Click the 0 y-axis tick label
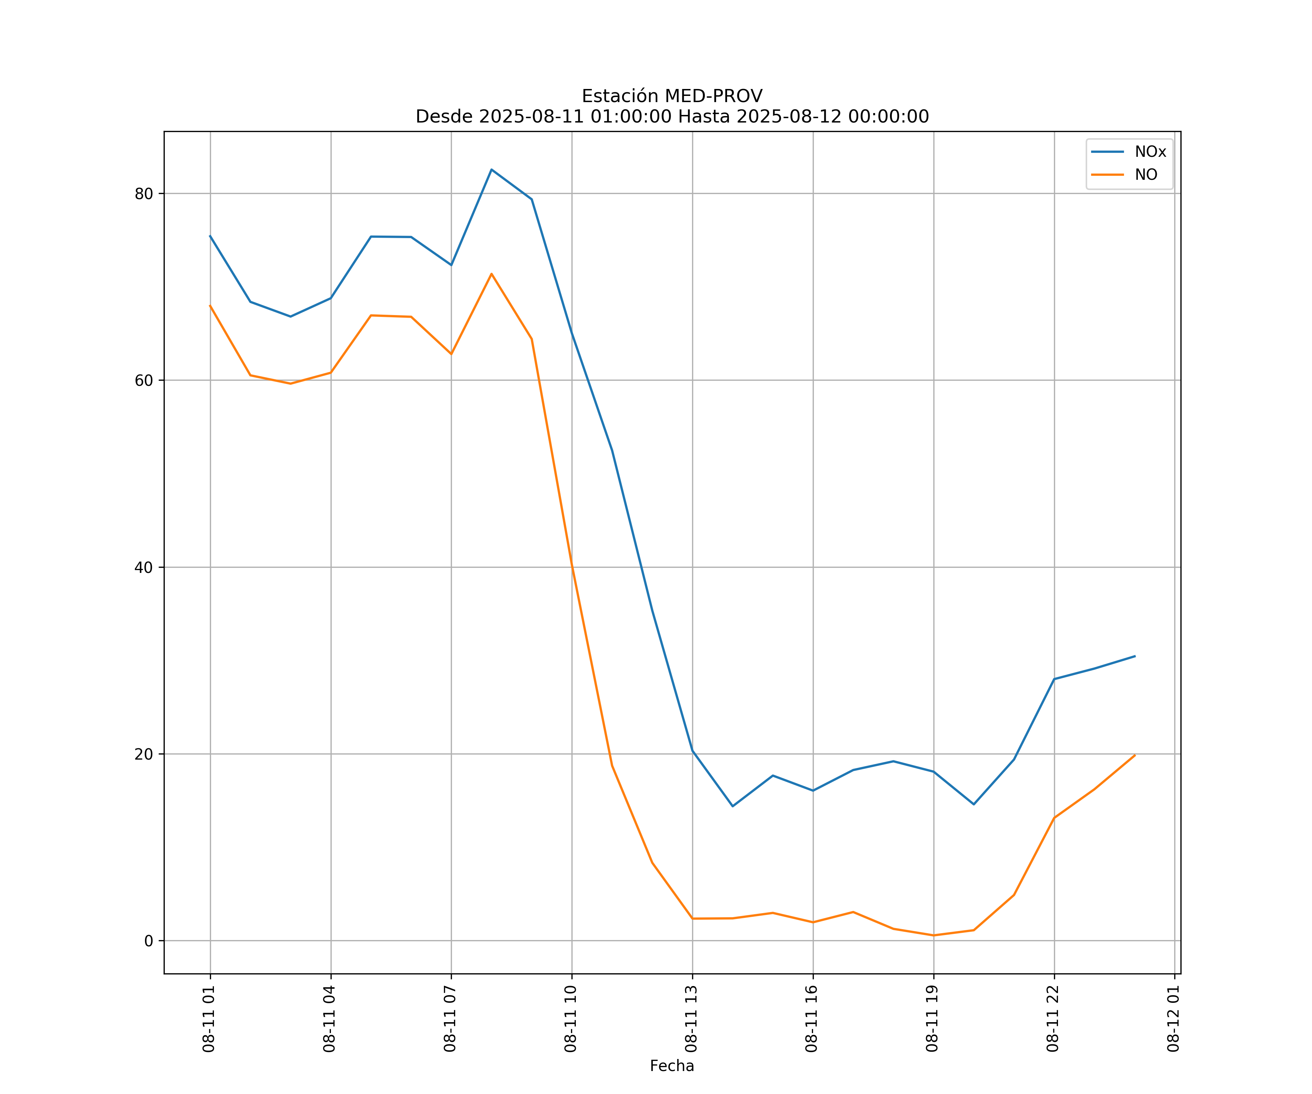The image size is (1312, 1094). click(x=149, y=941)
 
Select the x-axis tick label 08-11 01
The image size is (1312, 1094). click(x=209, y=1019)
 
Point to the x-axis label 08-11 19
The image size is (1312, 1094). click(x=933, y=1019)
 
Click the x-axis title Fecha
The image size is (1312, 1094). click(x=672, y=1066)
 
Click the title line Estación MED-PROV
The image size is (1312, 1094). click(x=672, y=96)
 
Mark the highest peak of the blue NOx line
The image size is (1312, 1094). click(x=492, y=170)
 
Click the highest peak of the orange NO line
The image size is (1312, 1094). click(x=492, y=274)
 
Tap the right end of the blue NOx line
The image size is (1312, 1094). click(x=1135, y=656)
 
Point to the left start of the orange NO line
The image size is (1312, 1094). click(x=210, y=306)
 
